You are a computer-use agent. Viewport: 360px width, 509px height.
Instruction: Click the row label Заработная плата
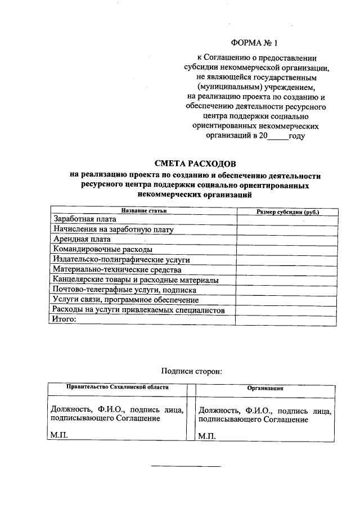coord(84,219)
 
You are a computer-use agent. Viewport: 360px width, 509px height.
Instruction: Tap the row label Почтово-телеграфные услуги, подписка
coord(124,290)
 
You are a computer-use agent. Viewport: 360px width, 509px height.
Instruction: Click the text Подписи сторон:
coord(192,371)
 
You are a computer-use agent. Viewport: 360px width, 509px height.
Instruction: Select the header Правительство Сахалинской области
coord(117,388)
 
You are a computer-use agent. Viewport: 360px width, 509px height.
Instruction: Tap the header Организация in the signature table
coord(265,388)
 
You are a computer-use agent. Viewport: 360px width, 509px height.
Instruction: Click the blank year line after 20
coord(278,137)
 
